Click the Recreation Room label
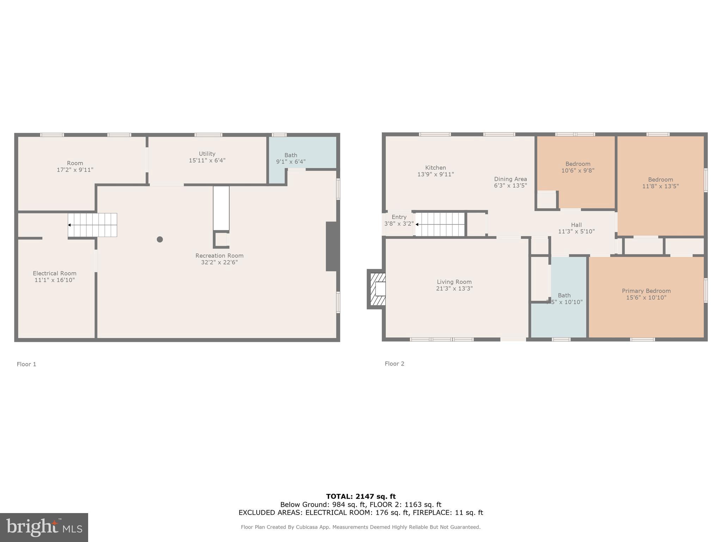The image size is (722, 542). coord(219,255)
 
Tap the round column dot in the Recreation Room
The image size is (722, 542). coord(160,239)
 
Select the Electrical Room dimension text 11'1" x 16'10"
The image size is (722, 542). coord(55,280)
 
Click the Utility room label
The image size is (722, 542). coord(207,154)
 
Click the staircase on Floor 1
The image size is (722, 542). coord(92,225)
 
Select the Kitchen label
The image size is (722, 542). coord(435,168)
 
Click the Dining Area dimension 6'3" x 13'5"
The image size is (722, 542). coord(510,186)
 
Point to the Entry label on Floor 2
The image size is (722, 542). coord(399,217)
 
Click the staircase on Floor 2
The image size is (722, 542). coord(441,224)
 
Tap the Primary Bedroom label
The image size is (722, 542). coord(646,291)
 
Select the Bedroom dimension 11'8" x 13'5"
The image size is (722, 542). coord(660,186)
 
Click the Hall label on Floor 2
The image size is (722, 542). coord(576,225)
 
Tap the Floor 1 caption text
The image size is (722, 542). coord(26,364)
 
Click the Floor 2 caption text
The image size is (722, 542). coord(394,363)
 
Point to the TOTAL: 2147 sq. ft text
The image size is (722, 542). coord(361,496)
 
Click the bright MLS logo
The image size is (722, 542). coord(44,527)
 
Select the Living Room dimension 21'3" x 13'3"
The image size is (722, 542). coord(454,289)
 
